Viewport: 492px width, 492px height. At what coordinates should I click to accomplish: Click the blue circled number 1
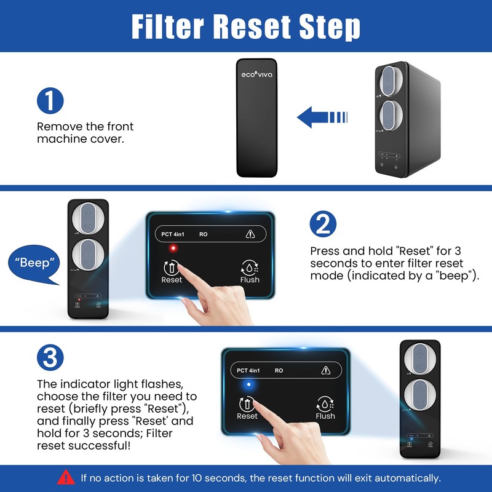click(50, 101)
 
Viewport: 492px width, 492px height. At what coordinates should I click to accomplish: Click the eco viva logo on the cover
click(256, 74)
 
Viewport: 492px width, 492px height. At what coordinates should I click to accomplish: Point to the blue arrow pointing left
click(322, 116)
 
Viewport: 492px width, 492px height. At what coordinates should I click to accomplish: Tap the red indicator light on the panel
click(173, 248)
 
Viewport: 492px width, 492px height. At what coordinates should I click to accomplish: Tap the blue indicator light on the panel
click(250, 385)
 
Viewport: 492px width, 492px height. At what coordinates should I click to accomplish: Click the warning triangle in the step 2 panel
click(250, 234)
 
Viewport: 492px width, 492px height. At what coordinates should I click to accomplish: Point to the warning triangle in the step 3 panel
click(326, 370)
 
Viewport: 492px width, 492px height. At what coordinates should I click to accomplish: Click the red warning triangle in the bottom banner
click(66, 477)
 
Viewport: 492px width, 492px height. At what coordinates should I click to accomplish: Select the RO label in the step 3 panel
click(279, 371)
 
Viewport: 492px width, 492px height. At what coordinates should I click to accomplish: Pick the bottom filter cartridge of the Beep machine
click(87, 254)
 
